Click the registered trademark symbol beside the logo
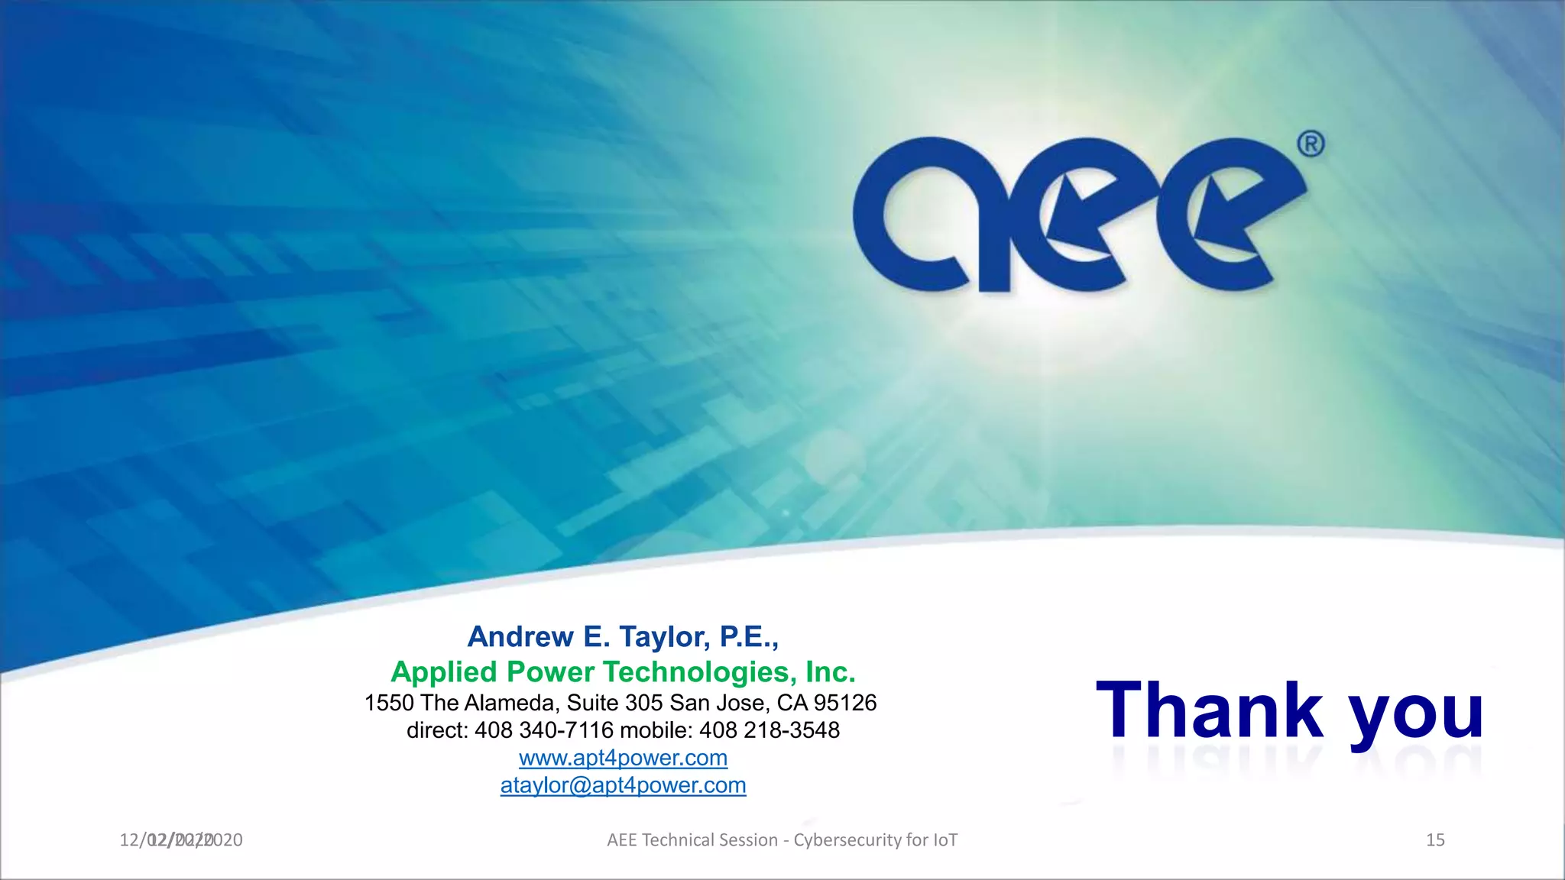[1311, 144]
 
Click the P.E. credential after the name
[749, 636]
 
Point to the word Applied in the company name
[444, 672]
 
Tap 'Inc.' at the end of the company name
[830, 672]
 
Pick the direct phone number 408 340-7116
[544, 730]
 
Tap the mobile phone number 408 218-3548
[769, 730]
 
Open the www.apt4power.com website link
[623, 758]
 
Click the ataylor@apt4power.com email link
[623, 785]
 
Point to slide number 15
[1435, 840]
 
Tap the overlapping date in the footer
[181, 840]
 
